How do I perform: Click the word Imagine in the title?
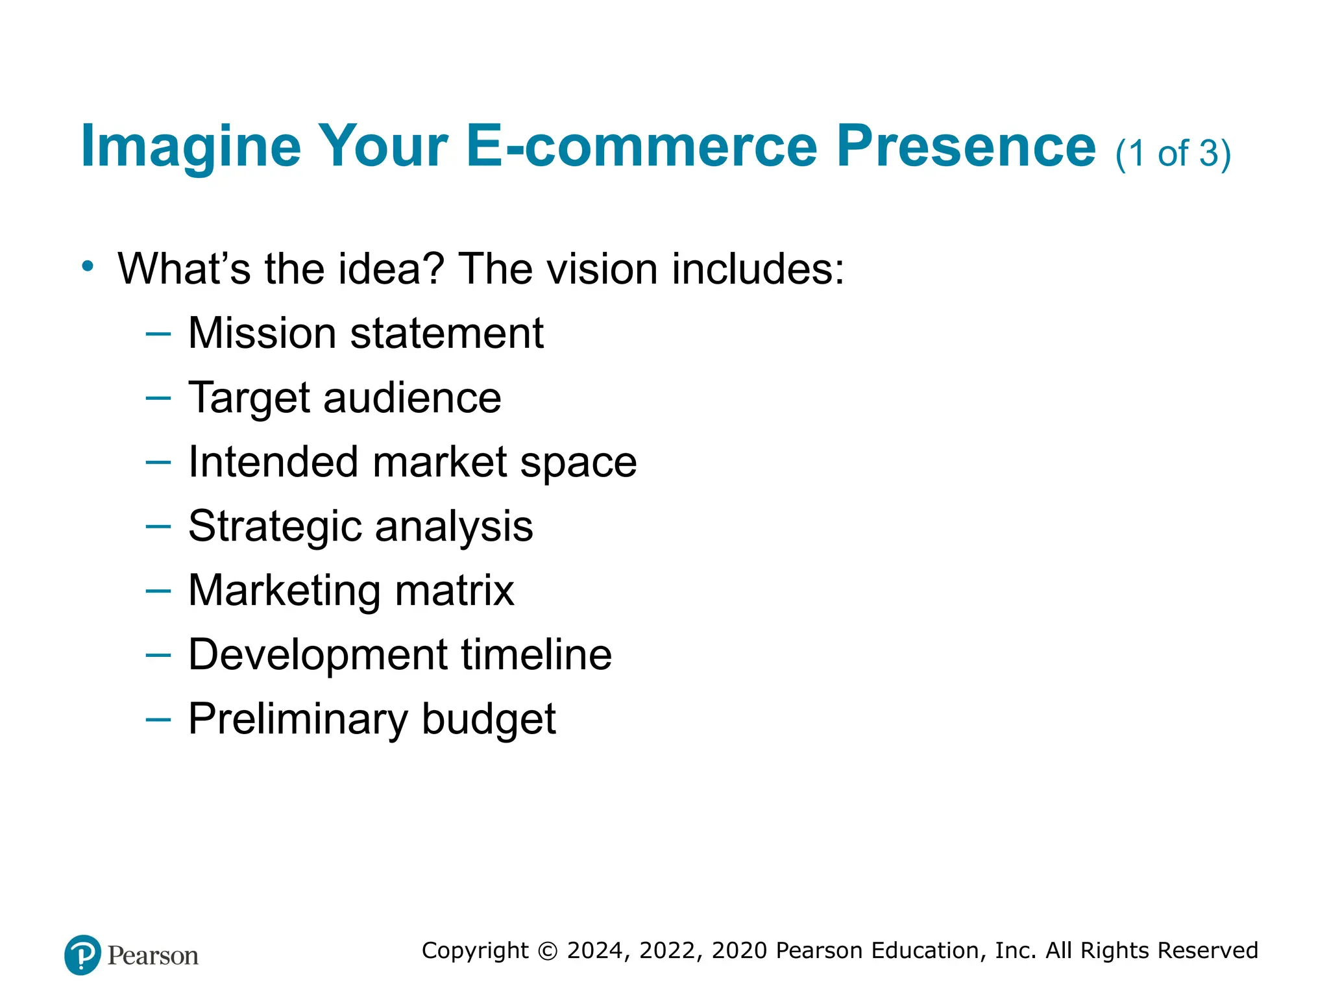click(x=191, y=147)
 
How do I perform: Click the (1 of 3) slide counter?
click(x=1173, y=154)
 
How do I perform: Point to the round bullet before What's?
click(x=88, y=266)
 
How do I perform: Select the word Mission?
click(x=262, y=333)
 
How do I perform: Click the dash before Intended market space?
click(x=158, y=462)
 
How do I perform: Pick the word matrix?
click(x=454, y=590)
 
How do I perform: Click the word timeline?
click(x=536, y=654)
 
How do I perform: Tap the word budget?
click(x=489, y=719)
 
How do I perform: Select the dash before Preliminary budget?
click(x=158, y=719)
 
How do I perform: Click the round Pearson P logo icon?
click(x=82, y=955)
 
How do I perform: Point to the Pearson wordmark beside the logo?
click(x=153, y=955)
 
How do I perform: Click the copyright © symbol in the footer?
click(x=548, y=951)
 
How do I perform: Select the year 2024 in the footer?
click(x=596, y=950)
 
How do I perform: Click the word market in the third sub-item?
click(x=440, y=462)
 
